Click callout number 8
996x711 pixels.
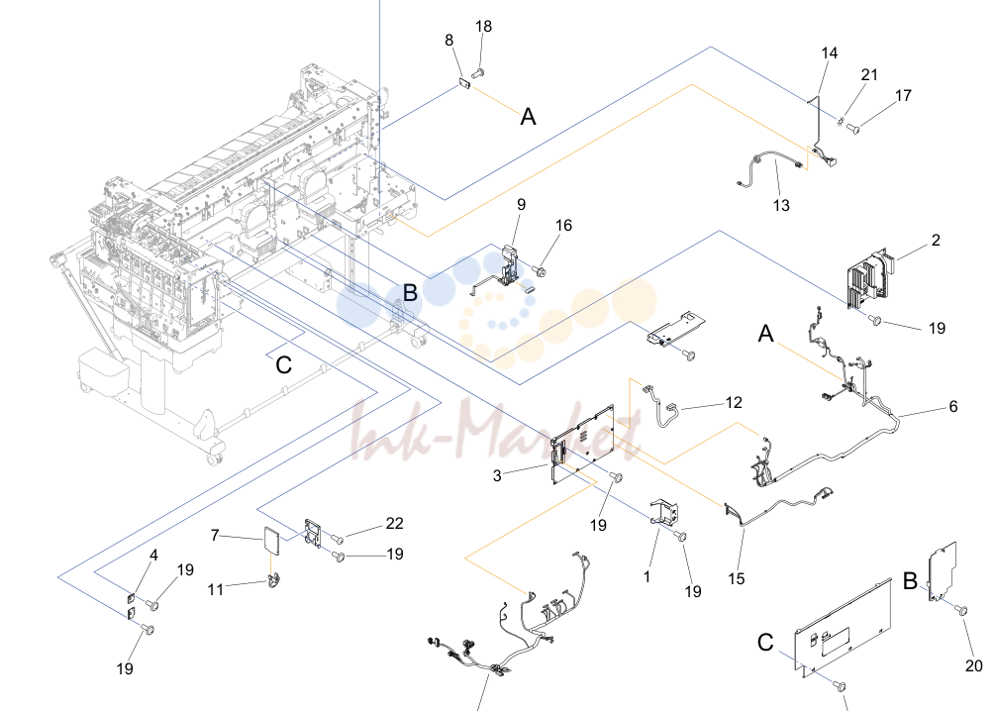[449, 41]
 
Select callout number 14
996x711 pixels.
[830, 53]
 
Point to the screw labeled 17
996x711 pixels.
[853, 129]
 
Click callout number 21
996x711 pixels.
[869, 75]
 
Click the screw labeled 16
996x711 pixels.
[540, 272]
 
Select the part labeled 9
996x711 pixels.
[506, 271]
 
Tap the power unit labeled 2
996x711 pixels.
[869, 275]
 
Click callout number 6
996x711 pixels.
[952, 407]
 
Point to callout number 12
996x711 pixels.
[734, 403]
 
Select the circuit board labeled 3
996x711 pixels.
[582, 444]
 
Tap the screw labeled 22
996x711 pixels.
[338, 540]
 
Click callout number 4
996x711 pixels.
[153, 556]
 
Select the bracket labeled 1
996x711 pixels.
[664, 512]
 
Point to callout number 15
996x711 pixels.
[737, 579]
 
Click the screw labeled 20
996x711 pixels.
[961, 611]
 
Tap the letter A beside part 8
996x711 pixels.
[528, 117]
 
